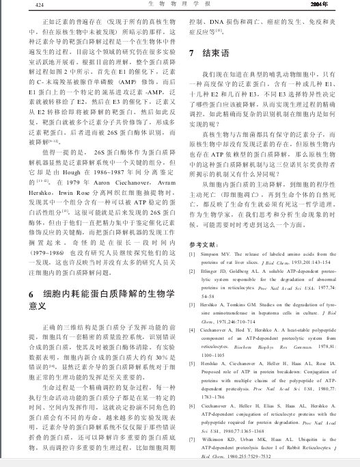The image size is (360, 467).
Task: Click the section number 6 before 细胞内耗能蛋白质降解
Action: pyautogui.click(x=31, y=293)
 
